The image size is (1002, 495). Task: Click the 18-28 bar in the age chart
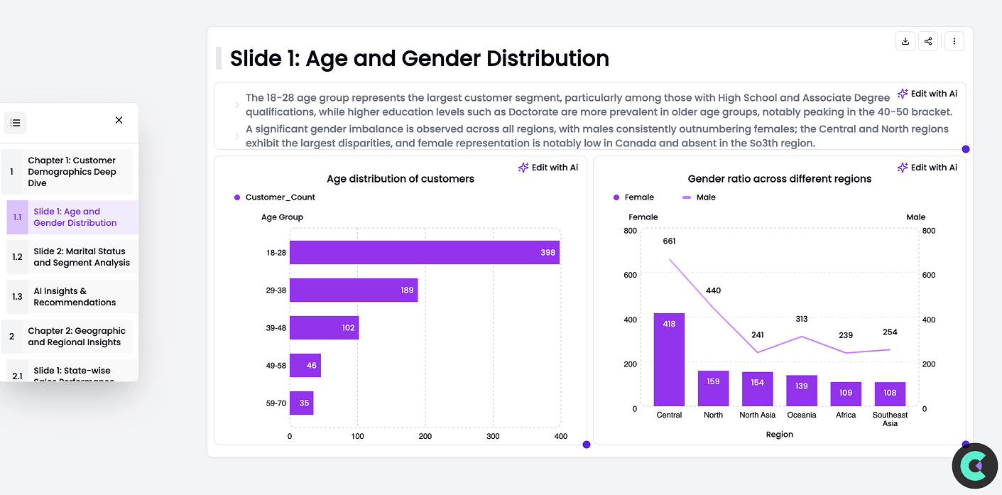(x=424, y=252)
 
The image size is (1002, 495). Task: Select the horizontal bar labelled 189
(x=353, y=290)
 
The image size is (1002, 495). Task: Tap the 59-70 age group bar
(x=301, y=403)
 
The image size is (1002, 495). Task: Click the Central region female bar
(x=669, y=359)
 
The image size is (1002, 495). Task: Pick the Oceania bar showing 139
(x=802, y=391)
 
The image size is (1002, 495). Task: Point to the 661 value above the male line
(x=669, y=241)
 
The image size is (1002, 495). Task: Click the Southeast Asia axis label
(x=890, y=419)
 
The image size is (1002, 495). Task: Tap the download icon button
(x=905, y=41)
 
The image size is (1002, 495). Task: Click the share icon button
(x=928, y=41)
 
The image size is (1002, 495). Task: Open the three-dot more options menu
(x=954, y=41)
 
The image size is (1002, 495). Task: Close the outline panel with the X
(x=119, y=120)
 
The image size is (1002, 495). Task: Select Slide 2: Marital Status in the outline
(x=82, y=257)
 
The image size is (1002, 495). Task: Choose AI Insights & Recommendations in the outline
(x=75, y=297)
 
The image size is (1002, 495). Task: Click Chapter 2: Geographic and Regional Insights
(x=76, y=337)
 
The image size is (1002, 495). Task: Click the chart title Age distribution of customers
(x=401, y=179)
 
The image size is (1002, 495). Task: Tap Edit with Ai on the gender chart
(x=927, y=168)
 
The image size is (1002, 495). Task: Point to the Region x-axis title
(x=779, y=435)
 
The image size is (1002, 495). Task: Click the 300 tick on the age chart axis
(x=493, y=436)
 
